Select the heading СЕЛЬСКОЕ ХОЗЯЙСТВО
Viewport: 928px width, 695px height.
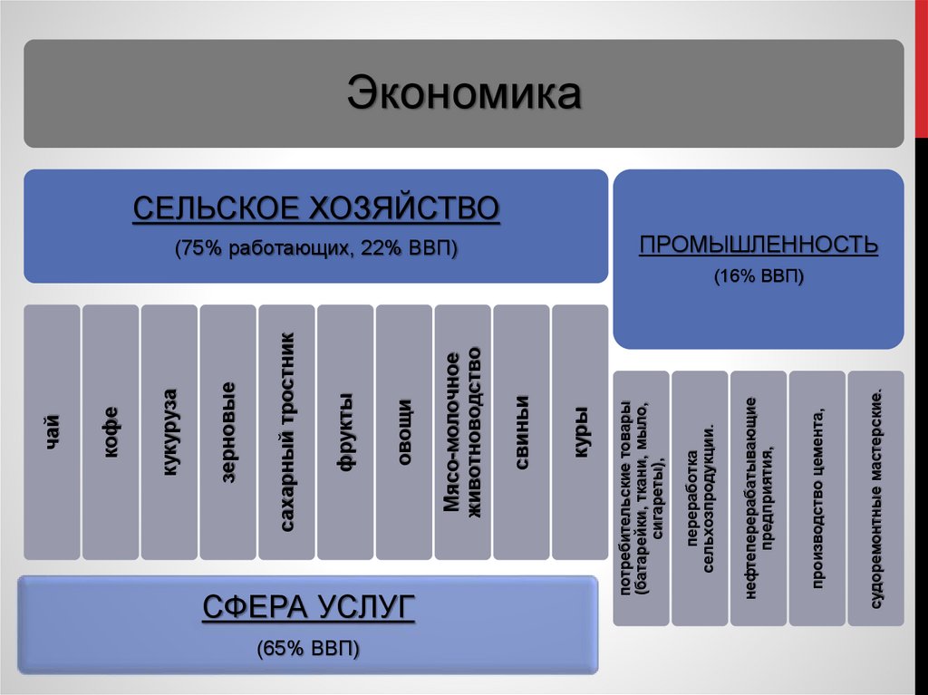[x=316, y=208]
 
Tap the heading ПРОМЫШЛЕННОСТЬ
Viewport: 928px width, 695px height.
[x=759, y=245]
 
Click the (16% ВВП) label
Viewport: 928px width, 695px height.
[x=759, y=275]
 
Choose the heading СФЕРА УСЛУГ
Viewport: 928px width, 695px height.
[x=308, y=607]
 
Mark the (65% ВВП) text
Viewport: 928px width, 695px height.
[x=308, y=648]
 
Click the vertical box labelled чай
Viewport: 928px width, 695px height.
[x=52, y=431]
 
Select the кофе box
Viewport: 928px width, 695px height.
[x=111, y=431]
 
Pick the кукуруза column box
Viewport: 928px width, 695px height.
[x=169, y=431]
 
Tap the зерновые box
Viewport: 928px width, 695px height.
[x=227, y=431]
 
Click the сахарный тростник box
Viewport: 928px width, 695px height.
[x=286, y=431]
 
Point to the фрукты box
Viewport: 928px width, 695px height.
[x=344, y=431]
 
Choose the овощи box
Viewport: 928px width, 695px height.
[x=403, y=431]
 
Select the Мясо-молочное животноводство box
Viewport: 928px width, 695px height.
[x=462, y=431]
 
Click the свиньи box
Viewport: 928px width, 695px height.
[x=521, y=431]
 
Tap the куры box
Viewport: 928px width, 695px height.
[x=580, y=431]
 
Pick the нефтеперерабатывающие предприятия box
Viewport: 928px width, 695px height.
[x=759, y=497]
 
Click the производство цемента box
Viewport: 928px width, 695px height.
[x=817, y=497]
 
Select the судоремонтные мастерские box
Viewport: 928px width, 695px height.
[x=875, y=497]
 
